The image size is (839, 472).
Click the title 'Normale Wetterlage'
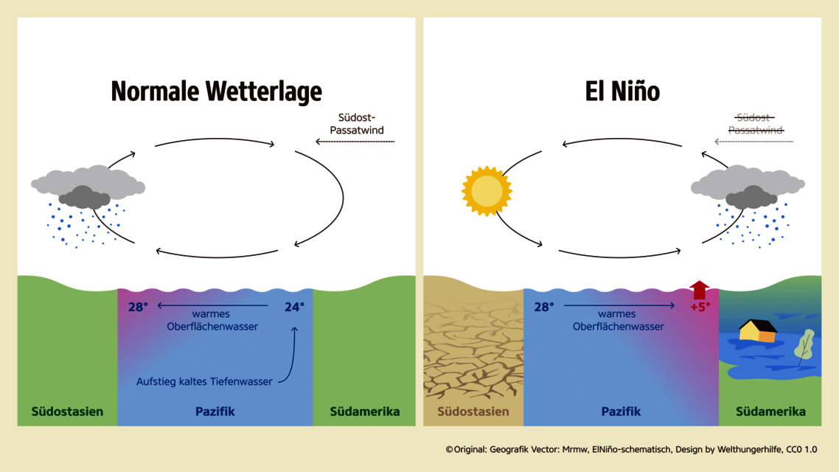tap(216, 91)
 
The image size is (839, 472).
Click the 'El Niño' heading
tap(622, 91)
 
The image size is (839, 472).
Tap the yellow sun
tap(487, 191)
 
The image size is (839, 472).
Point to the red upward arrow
tap(699, 290)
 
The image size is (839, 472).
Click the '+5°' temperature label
tap(700, 307)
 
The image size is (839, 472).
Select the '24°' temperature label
tap(294, 307)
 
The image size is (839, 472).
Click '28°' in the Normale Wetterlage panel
tap(138, 307)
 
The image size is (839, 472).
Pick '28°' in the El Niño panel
tap(544, 307)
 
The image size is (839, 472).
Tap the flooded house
tap(758, 330)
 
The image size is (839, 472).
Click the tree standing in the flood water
tap(804, 347)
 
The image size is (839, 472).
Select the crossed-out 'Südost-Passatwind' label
tap(756, 124)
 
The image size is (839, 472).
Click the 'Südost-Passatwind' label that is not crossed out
tap(357, 124)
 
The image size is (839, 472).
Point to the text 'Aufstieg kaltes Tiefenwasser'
tap(204, 381)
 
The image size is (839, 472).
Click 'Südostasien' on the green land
tap(67, 412)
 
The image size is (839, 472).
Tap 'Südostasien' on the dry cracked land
tap(473, 412)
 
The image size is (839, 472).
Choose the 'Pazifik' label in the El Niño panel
tap(622, 412)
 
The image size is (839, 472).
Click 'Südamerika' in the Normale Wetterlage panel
tap(365, 412)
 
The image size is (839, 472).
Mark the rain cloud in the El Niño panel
tap(748, 206)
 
